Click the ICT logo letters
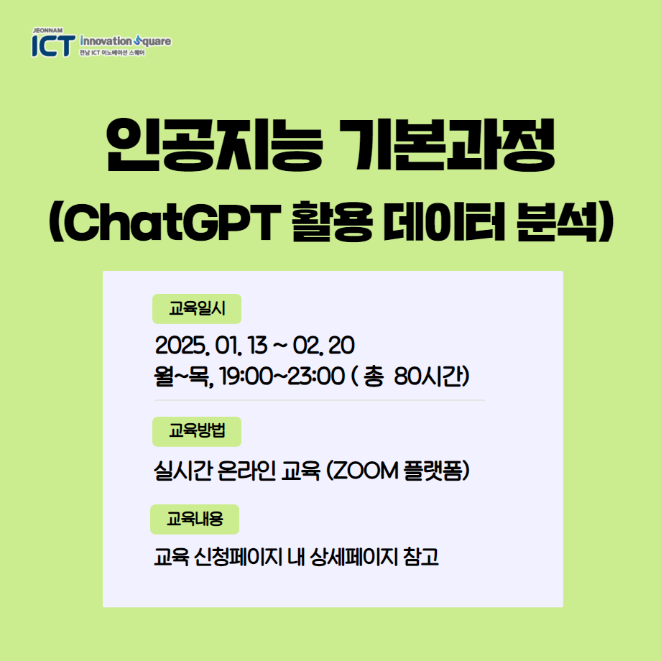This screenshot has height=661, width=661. [54, 45]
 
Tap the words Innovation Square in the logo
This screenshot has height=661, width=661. [126, 42]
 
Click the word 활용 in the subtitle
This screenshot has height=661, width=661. [332, 222]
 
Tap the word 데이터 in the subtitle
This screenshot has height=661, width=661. [444, 222]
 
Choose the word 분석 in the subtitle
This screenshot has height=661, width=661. [558, 222]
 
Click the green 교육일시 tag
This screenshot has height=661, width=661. [197, 309]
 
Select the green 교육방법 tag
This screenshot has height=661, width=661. [197, 432]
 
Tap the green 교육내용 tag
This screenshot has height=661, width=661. [195, 519]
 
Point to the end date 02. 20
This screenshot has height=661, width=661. [324, 346]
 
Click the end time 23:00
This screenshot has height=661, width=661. [315, 376]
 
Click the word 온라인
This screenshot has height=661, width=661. [246, 471]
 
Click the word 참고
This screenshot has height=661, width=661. [421, 558]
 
